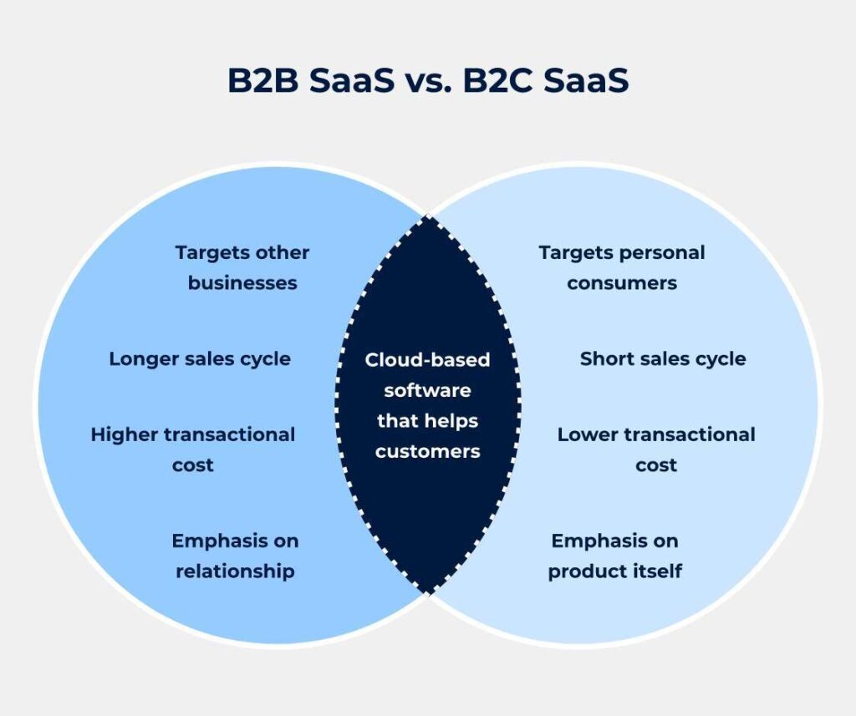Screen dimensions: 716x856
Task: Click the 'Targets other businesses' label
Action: [x=242, y=267]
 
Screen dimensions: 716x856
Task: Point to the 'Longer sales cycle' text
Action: [x=200, y=358]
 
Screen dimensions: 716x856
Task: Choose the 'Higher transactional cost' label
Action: [x=193, y=449]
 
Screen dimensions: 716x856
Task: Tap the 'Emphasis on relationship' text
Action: [x=235, y=556]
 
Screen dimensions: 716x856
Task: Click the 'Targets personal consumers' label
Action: [x=622, y=267]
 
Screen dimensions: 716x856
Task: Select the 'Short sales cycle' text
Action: [x=663, y=358]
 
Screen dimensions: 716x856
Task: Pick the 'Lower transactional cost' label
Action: [x=656, y=449]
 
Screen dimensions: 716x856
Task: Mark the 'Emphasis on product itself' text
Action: [x=615, y=556]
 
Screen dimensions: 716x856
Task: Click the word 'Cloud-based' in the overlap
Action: [x=427, y=360]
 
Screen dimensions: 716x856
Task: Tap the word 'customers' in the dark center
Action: [x=427, y=452]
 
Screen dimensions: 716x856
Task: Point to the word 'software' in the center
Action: [x=427, y=390]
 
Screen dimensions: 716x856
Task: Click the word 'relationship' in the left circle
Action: [x=235, y=571]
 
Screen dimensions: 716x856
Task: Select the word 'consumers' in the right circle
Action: [x=622, y=283]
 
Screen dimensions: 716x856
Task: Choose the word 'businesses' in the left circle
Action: [x=242, y=283]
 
